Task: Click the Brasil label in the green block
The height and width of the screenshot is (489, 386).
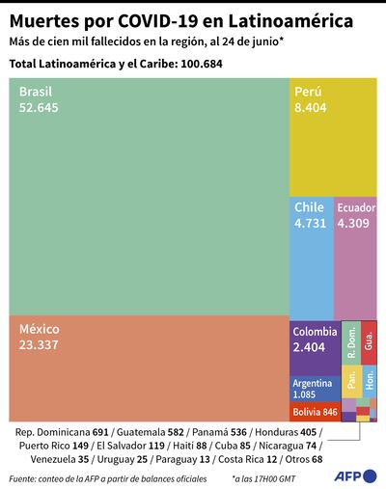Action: (34, 91)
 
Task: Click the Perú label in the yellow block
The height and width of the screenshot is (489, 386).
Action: (309, 91)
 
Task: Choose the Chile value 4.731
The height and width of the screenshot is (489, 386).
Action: (311, 223)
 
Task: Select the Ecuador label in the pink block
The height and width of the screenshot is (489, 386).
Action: (356, 207)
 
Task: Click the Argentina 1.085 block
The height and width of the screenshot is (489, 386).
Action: (315, 389)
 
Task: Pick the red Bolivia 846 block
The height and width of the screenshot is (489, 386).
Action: (315, 412)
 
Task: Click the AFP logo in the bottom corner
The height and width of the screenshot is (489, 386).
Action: (352, 476)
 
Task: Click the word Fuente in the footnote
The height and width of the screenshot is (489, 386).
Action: (26, 477)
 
